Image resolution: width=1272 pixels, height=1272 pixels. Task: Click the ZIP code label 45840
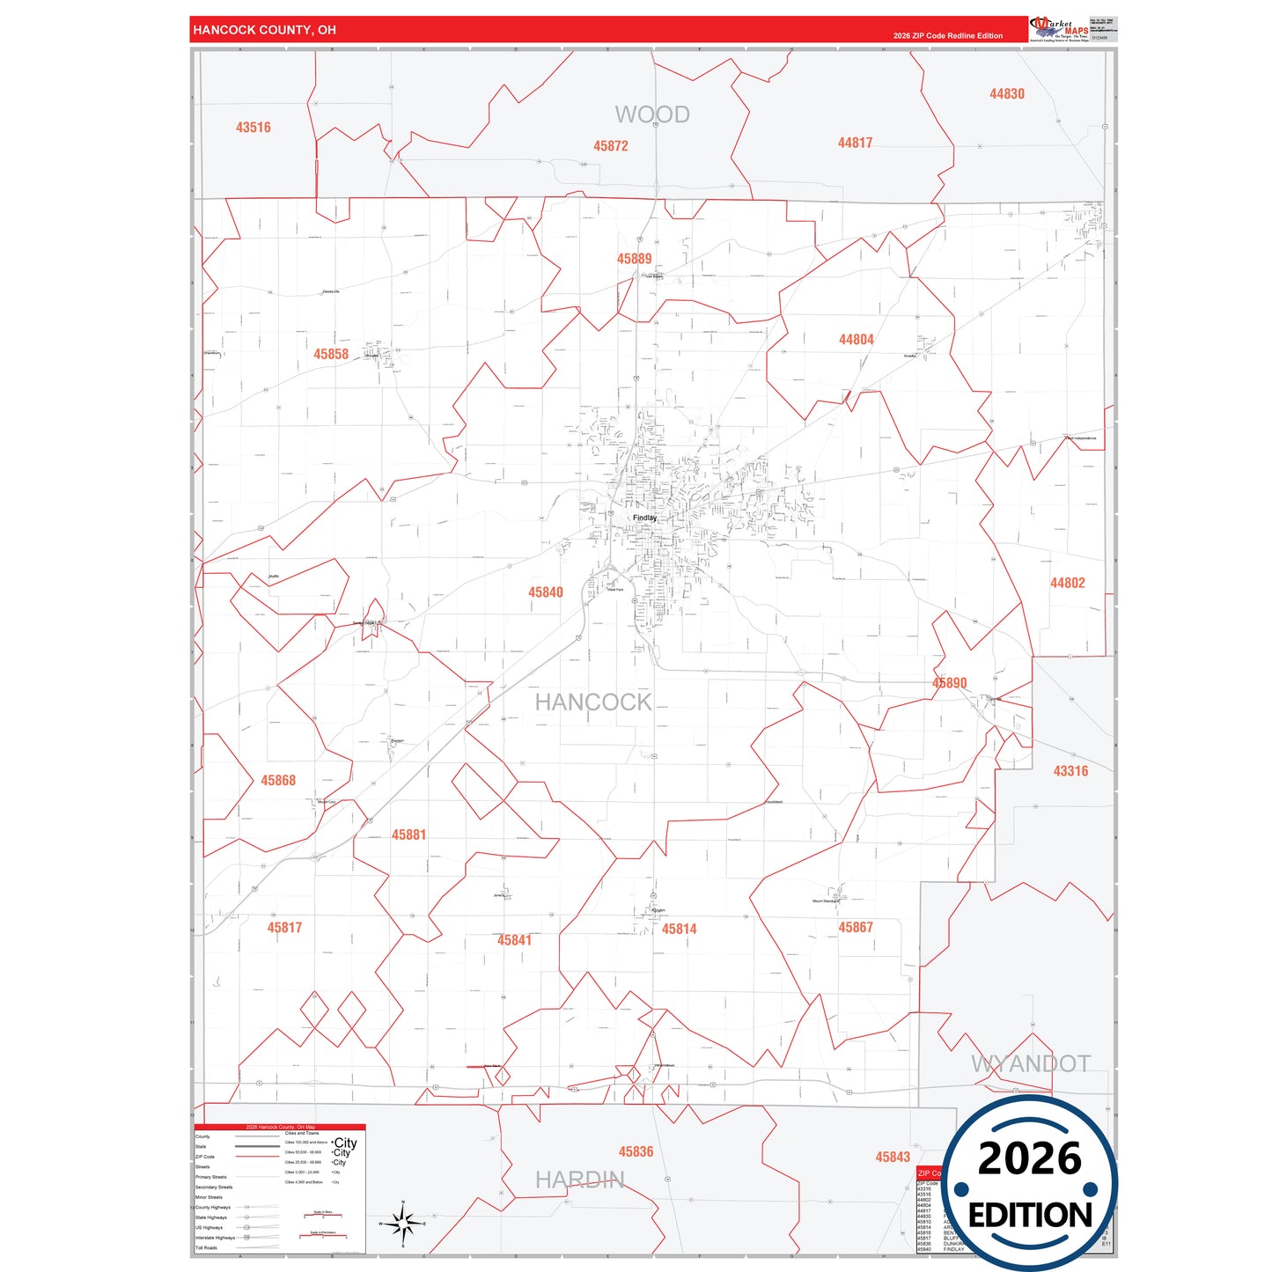pyautogui.click(x=545, y=592)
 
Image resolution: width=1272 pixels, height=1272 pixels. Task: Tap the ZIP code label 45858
pyautogui.click(x=331, y=354)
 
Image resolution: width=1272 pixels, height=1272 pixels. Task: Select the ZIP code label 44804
pyautogui.click(x=856, y=340)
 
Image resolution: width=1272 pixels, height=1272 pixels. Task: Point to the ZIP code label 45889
pyautogui.click(x=634, y=259)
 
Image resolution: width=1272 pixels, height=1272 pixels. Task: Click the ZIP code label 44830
pyautogui.click(x=1006, y=94)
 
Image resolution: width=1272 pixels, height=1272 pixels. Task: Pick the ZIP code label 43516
pyautogui.click(x=253, y=128)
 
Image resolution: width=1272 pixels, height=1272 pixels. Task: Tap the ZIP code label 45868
pyautogui.click(x=278, y=781)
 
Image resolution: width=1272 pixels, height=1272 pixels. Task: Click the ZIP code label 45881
pyautogui.click(x=408, y=835)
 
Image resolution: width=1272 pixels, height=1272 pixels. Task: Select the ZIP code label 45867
pyautogui.click(x=855, y=928)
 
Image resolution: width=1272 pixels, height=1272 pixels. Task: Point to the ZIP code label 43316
pyautogui.click(x=1070, y=771)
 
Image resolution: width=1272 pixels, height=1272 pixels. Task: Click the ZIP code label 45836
pyautogui.click(x=636, y=1152)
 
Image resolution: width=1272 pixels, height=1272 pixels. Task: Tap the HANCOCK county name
pyautogui.click(x=593, y=702)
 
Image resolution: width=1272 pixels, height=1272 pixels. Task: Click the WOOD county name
pyautogui.click(x=651, y=114)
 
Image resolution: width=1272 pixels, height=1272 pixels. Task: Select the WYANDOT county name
pyautogui.click(x=1030, y=1063)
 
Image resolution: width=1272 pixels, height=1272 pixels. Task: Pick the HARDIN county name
pyautogui.click(x=579, y=1180)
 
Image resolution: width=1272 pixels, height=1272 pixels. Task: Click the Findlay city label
pyautogui.click(x=644, y=518)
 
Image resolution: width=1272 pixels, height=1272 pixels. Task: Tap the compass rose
pyautogui.click(x=402, y=1224)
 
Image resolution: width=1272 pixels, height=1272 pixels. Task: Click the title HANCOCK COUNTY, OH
pyautogui.click(x=264, y=30)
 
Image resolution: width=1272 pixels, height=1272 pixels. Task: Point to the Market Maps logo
pyautogui.click(x=1059, y=29)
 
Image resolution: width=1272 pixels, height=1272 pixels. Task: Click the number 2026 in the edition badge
pyautogui.click(x=1029, y=1158)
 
